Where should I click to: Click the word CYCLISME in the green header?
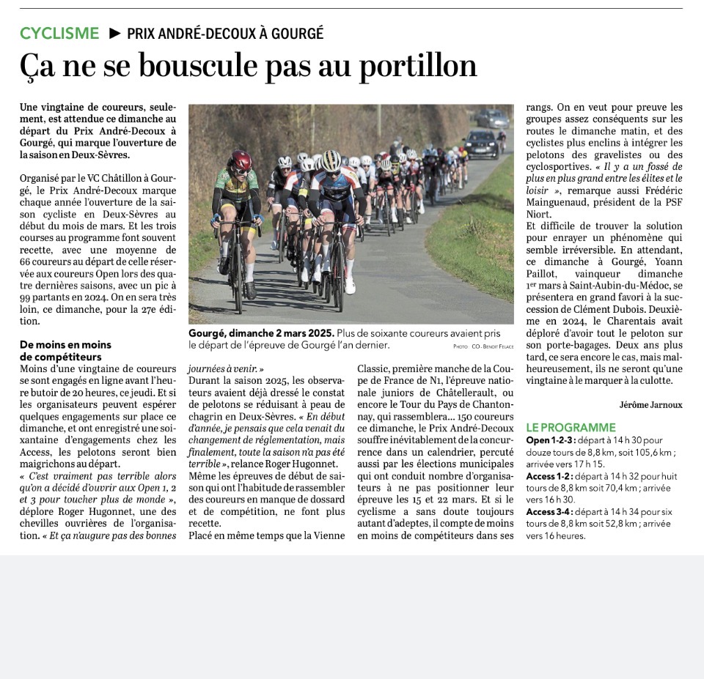59,33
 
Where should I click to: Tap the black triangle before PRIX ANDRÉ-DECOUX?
114,33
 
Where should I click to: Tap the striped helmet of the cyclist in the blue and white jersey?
331,159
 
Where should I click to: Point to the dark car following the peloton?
482,144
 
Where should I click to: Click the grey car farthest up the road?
492,118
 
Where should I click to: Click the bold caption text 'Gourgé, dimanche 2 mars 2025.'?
261,333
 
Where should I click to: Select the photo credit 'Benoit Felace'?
499,346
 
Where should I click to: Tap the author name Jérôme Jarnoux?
650,404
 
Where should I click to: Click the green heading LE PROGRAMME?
571,428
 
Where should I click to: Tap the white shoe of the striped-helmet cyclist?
350,286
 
